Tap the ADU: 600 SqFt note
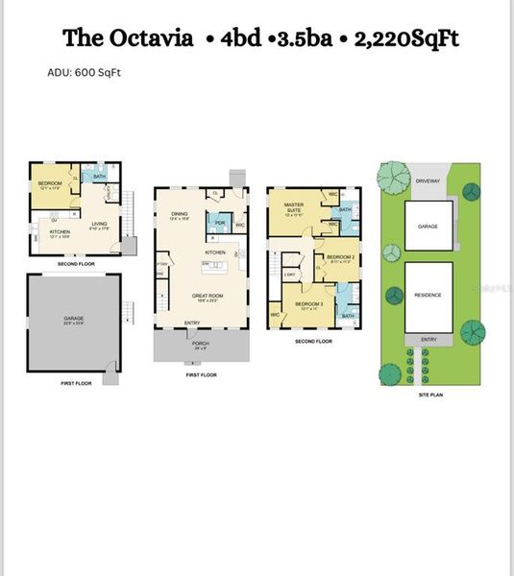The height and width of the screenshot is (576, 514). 84,72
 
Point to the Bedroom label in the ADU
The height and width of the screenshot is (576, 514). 49,183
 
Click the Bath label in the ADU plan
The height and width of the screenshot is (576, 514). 99,176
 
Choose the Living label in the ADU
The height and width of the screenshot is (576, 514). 99,225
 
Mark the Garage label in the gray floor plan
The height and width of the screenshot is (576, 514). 74,319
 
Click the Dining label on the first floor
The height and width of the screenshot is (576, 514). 179,213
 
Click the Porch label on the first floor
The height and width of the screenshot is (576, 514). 200,345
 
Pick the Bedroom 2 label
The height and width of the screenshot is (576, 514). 340,257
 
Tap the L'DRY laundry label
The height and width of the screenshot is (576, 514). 289,276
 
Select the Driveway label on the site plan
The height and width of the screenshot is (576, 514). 428,180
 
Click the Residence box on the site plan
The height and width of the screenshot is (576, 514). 428,295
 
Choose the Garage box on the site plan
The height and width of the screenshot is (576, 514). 428,227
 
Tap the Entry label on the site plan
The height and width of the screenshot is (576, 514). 428,339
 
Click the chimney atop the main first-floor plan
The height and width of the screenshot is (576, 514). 236,179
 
